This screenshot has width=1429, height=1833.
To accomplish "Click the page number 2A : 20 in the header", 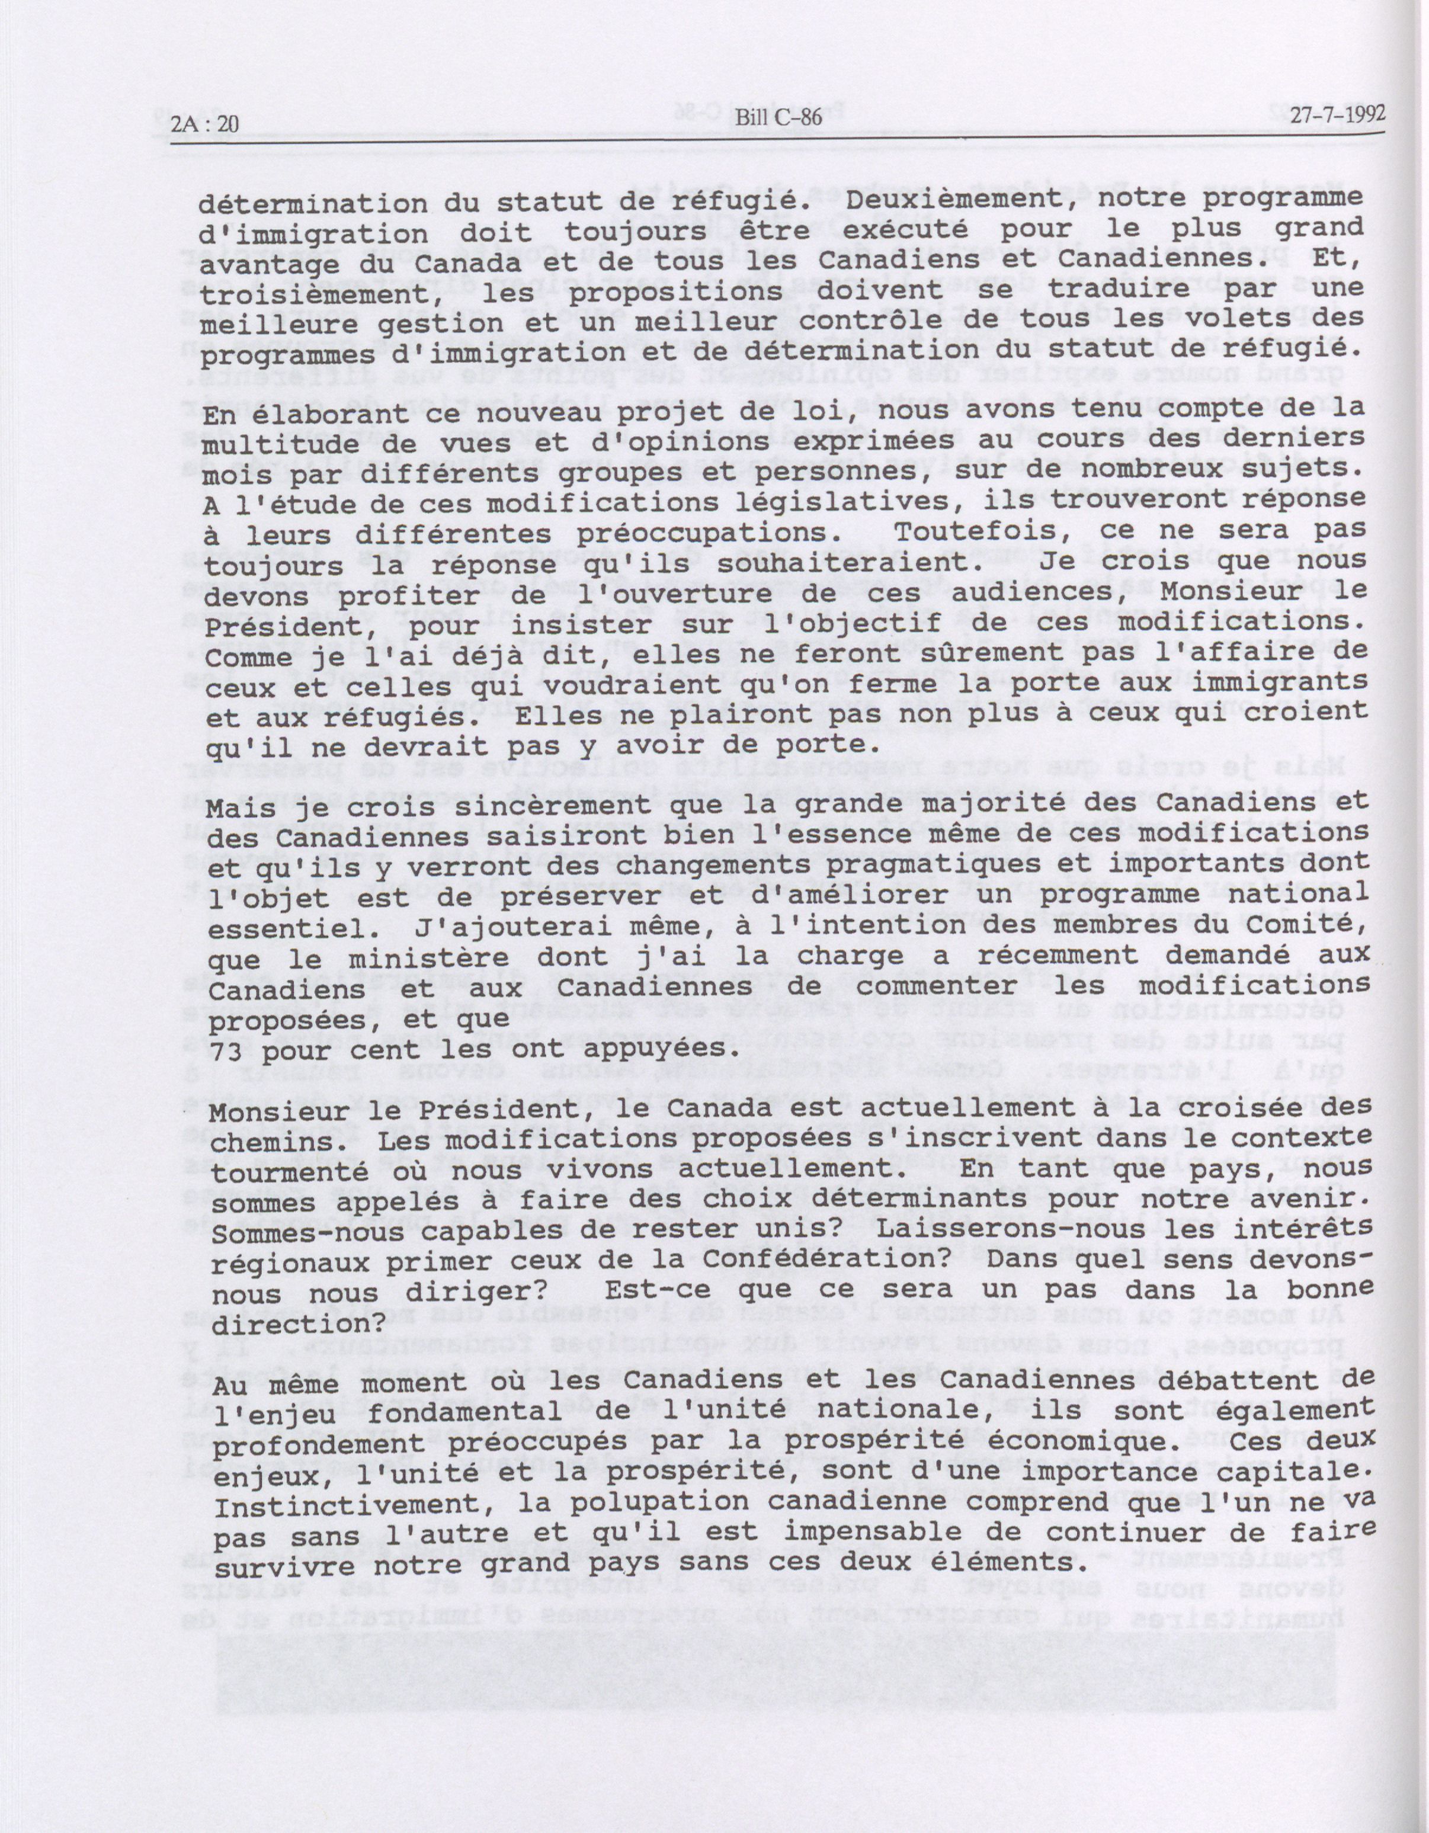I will click(204, 125).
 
